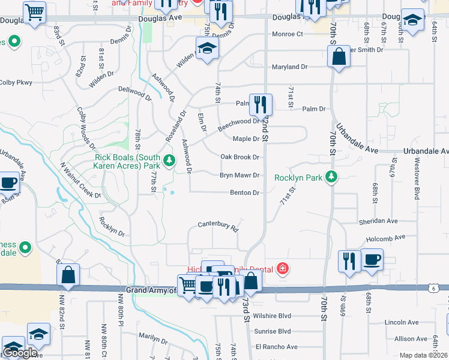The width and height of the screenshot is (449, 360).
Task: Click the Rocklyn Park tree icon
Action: pos(330,177)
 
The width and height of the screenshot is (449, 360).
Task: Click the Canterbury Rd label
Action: pos(219,227)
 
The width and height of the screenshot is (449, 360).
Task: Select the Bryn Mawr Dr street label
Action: pos(240,175)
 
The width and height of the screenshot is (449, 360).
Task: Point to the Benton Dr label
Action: pos(244,193)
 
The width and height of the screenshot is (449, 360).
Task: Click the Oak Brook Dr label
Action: pos(240,157)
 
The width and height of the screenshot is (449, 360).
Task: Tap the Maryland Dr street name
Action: pos(289,67)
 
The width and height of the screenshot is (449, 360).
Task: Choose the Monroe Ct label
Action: pos(288,34)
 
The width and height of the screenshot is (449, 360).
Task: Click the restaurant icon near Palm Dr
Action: pos(261,104)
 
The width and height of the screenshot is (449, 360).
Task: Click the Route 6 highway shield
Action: pos(445,289)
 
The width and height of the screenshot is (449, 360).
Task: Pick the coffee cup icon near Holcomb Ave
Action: pos(372,260)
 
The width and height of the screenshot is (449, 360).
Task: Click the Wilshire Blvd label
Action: pos(272,316)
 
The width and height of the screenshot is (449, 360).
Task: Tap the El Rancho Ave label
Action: pos(276,347)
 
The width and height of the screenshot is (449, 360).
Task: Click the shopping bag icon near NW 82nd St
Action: pos(68,275)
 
